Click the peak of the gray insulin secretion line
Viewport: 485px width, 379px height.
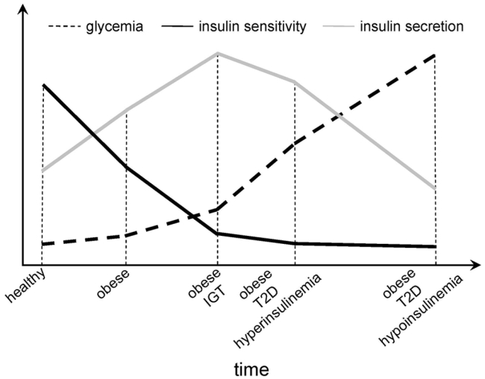(217, 53)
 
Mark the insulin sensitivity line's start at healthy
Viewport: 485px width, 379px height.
(43, 85)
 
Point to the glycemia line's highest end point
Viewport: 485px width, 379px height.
(434, 54)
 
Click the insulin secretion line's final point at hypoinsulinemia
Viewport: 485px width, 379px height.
(434, 188)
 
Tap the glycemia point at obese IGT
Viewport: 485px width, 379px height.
(217, 209)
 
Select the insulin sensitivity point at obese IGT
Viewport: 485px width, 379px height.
(217, 234)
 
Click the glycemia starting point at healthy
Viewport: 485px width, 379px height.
(43, 244)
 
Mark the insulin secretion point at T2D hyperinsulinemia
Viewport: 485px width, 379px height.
(295, 81)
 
